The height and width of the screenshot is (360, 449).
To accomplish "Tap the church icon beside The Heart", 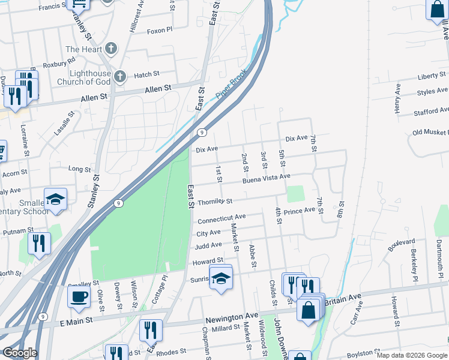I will pyautogui.click(x=110, y=49).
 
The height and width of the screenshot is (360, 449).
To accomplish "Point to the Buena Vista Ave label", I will pyautogui.click(x=266, y=179).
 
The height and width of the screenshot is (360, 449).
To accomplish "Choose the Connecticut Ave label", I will pyautogui.click(x=221, y=218).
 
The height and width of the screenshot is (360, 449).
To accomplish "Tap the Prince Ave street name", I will pyautogui.click(x=300, y=211).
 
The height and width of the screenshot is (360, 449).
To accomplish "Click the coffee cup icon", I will pyautogui.click(x=79, y=296).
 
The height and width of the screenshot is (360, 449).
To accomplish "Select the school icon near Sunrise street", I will pyautogui.click(x=220, y=278).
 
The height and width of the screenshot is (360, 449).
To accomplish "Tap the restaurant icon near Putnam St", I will pyautogui.click(x=39, y=243).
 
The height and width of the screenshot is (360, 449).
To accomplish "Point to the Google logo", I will pyautogui.click(x=20, y=353).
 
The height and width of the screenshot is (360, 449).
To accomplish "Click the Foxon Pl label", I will pyautogui.click(x=159, y=30).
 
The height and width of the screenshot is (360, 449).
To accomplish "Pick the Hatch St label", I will pyautogui.click(x=146, y=74).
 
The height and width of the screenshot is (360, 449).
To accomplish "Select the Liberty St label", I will pyautogui.click(x=432, y=77).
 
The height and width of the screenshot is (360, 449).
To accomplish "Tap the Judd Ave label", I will pyautogui.click(x=208, y=246).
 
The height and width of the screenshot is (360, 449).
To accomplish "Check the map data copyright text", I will pyautogui.click(x=411, y=355).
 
